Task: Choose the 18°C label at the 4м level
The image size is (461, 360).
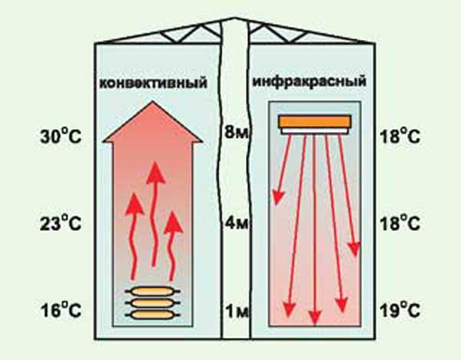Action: coord(400,225)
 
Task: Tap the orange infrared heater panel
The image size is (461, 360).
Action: coord(315,121)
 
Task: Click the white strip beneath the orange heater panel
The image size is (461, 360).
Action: coord(315,131)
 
